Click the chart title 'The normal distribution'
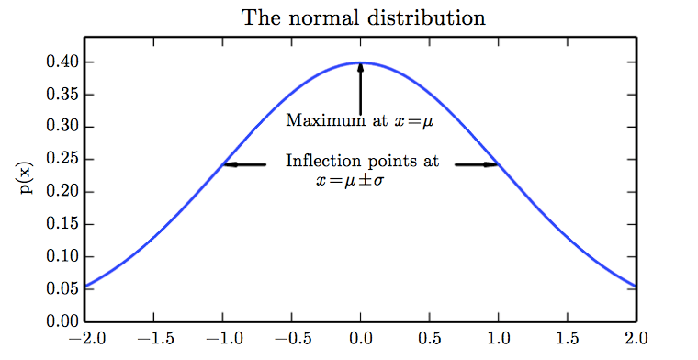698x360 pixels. (x=363, y=17)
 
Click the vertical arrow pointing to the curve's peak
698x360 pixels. (x=361, y=87)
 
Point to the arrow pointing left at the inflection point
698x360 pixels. (x=244, y=165)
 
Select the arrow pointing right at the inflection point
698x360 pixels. (x=477, y=165)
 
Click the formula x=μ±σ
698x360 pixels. (x=350, y=181)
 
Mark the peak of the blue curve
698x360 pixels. (x=361, y=62)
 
